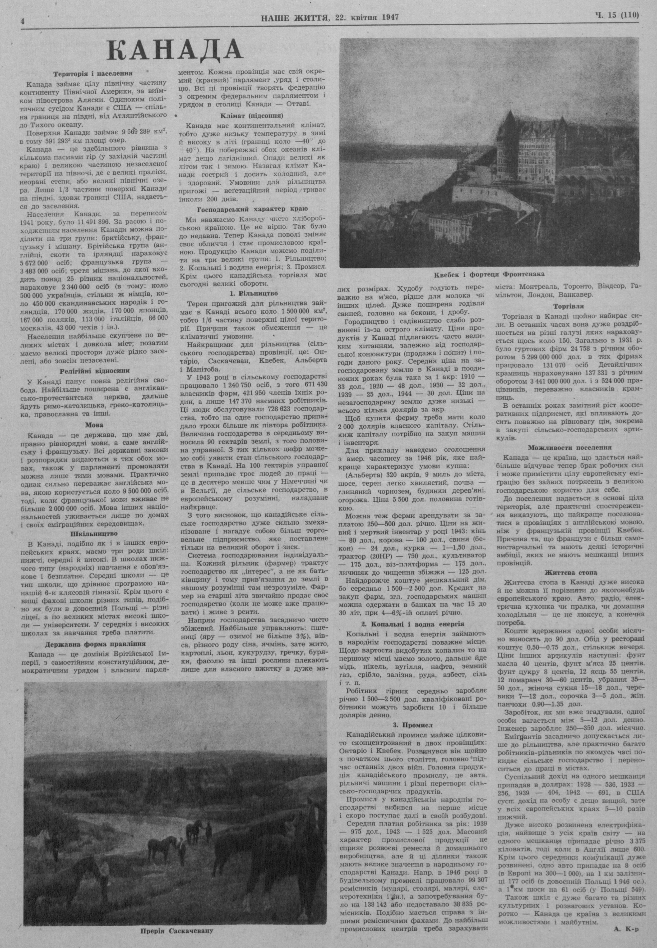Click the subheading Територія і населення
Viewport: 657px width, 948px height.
pos(93,74)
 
